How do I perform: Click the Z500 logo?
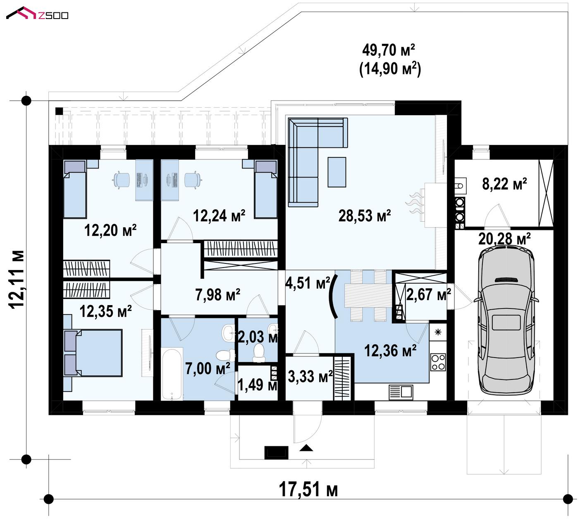[37, 13]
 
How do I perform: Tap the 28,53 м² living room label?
[365, 216]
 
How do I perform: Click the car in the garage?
[506, 320]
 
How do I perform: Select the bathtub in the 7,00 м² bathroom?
[172, 374]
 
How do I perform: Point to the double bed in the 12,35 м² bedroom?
[93, 353]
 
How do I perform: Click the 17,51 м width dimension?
[308, 489]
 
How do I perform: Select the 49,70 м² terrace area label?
[389, 50]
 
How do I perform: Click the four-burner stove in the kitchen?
[438, 362]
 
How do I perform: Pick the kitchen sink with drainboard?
[401, 392]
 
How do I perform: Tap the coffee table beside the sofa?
[337, 172]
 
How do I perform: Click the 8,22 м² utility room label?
[504, 184]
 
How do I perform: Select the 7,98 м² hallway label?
[218, 295]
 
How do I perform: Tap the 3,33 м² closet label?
[310, 377]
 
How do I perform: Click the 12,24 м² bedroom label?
[219, 216]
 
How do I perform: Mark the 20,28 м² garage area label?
[504, 239]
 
